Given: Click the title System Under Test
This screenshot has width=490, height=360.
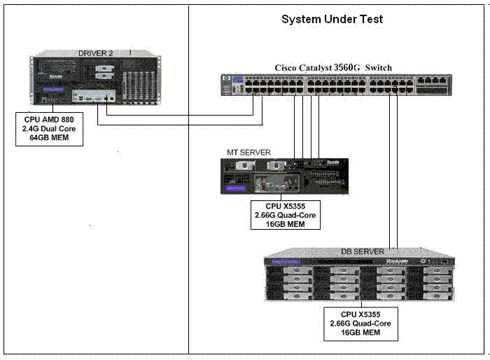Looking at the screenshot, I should [x=332, y=20].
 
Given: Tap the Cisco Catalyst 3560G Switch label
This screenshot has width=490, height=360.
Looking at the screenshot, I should [x=333, y=67].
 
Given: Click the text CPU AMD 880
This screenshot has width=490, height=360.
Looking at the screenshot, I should [x=48, y=119].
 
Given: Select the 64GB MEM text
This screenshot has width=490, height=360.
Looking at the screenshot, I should [x=48, y=139].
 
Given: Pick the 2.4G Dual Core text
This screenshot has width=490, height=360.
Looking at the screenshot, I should [x=48, y=129].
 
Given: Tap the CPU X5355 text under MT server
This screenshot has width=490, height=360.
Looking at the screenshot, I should [x=286, y=206].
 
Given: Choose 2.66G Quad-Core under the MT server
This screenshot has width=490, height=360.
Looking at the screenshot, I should [x=286, y=215].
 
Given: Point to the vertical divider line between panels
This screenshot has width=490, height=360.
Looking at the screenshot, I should [x=189, y=210].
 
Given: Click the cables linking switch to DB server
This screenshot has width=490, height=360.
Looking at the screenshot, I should [x=393, y=175].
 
